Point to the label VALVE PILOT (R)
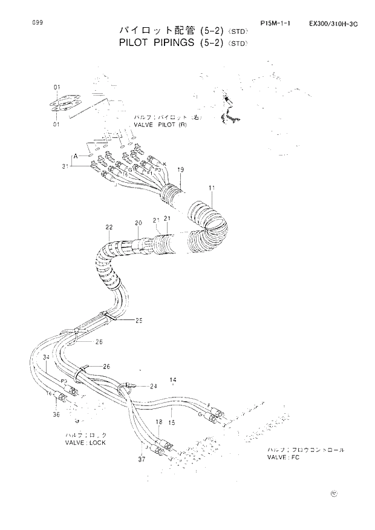pos(160,124)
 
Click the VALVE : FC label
pos(284,457)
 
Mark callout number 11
pos(212,189)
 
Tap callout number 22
pos(109,227)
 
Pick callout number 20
pos(138,223)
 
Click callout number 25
pos(139,320)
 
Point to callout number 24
pos(153,385)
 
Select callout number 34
pos(45,358)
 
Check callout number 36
pos(56,414)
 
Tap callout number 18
pos(159,422)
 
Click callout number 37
pos(142,460)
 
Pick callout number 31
pos(64,166)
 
